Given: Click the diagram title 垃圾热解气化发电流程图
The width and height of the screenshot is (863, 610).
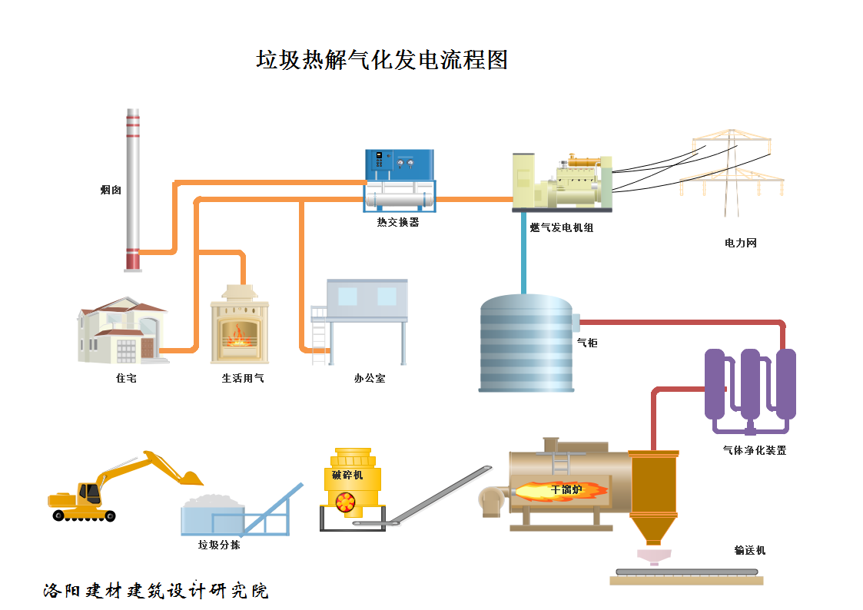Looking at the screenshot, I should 382,60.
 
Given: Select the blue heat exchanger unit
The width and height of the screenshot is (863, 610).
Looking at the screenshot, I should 399,181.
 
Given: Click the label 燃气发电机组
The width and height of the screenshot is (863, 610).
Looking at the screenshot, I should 561,228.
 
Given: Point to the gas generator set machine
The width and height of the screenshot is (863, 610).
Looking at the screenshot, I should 562,183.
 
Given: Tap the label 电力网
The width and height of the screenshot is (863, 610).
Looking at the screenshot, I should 740,243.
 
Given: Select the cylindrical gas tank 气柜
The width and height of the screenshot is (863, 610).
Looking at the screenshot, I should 526,343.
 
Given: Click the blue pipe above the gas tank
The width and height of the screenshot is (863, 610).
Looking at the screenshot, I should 524,254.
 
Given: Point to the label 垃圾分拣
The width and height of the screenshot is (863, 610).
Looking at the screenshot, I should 219,545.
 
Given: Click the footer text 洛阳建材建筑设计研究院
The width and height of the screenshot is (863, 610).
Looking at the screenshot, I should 156,591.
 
